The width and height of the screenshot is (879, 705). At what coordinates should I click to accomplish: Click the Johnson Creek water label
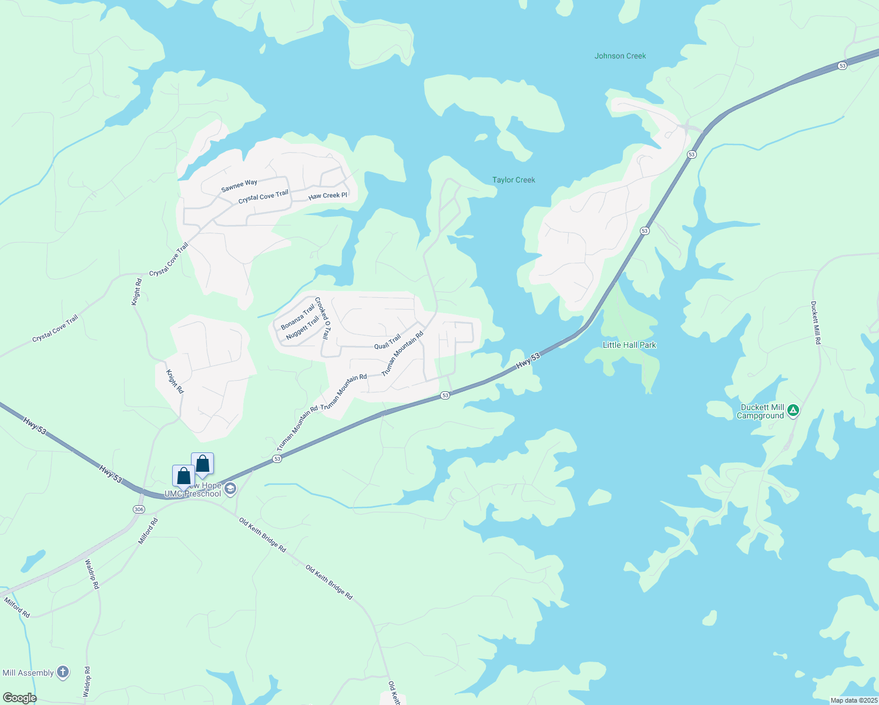pyautogui.click(x=620, y=56)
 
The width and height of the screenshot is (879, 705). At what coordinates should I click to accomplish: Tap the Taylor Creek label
pyautogui.click(x=514, y=180)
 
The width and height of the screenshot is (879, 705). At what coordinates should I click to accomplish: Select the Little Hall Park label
pyautogui.click(x=629, y=345)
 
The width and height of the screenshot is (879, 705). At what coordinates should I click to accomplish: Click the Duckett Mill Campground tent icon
pyautogui.click(x=793, y=411)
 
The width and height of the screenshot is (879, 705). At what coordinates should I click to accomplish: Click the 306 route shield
pyautogui.click(x=139, y=509)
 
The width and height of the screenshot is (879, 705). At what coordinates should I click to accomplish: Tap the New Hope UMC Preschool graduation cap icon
pyautogui.click(x=230, y=489)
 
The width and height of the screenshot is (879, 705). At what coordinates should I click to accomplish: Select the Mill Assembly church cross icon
pyautogui.click(x=63, y=672)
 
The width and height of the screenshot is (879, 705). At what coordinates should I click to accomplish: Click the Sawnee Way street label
pyautogui.click(x=239, y=186)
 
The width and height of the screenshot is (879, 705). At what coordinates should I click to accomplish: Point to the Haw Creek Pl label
pyautogui.click(x=328, y=196)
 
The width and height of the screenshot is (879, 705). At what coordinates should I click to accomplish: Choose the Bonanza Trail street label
pyautogui.click(x=297, y=317)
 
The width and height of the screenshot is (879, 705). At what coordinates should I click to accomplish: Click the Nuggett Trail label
pyautogui.click(x=302, y=328)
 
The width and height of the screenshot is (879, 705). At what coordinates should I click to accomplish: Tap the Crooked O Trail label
pyautogui.click(x=322, y=318)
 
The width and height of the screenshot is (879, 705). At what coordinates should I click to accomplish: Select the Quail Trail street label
pyautogui.click(x=387, y=341)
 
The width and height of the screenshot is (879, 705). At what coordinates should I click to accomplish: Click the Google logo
pyautogui.click(x=19, y=698)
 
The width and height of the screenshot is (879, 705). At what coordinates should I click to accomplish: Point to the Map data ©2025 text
pyautogui.click(x=853, y=700)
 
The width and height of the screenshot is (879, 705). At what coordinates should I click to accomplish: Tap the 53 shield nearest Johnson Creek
pyautogui.click(x=843, y=66)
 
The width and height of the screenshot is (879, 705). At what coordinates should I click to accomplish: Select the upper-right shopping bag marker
pyautogui.click(x=202, y=464)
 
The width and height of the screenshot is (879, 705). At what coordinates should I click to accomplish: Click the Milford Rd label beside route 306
pyautogui.click(x=148, y=531)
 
